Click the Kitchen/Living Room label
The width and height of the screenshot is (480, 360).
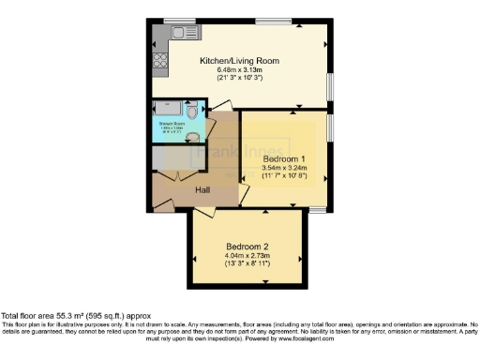tap(239, 60)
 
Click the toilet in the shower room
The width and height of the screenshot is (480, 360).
tap(192, 110)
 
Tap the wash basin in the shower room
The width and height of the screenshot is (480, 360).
tap(193, 137)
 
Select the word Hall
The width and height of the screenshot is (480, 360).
tap(202, 190)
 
